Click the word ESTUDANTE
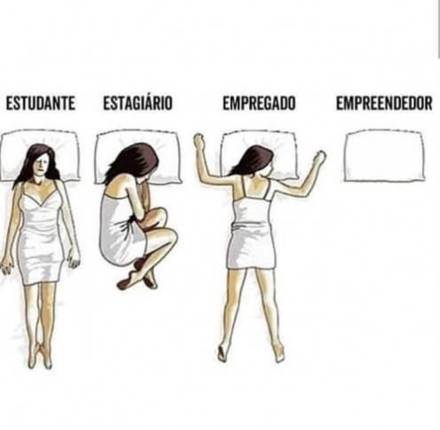click(41, 104)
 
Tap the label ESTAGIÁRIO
click(137, 103)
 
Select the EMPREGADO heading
click(259, 104)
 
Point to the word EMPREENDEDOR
click(384, 104)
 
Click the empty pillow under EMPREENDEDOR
click(384, 155)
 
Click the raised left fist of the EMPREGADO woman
click(199, 141)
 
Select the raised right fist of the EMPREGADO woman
click(319, 158)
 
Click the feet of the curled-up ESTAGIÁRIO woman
click(137, 276)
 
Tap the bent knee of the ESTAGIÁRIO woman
click(170, 238)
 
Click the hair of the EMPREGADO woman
click(255, 161)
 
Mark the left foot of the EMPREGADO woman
click(223, 352)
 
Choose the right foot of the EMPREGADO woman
click(279, 353)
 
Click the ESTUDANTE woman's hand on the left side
click(6, 265)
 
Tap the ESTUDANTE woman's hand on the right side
click(74, 259)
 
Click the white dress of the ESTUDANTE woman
click(41, 233)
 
